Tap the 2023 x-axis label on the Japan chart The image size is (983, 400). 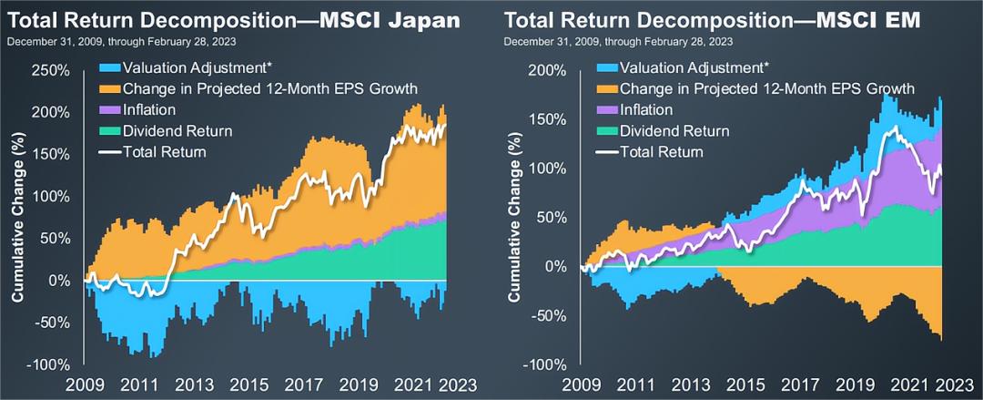click(x=459, y=385)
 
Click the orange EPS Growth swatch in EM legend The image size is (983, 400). click(x=609, y=89)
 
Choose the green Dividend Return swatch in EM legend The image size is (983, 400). click(x=609, y=128)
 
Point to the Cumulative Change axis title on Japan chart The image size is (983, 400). click(x=17, y=219)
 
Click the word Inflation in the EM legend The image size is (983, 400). click(x=648, y=109)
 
